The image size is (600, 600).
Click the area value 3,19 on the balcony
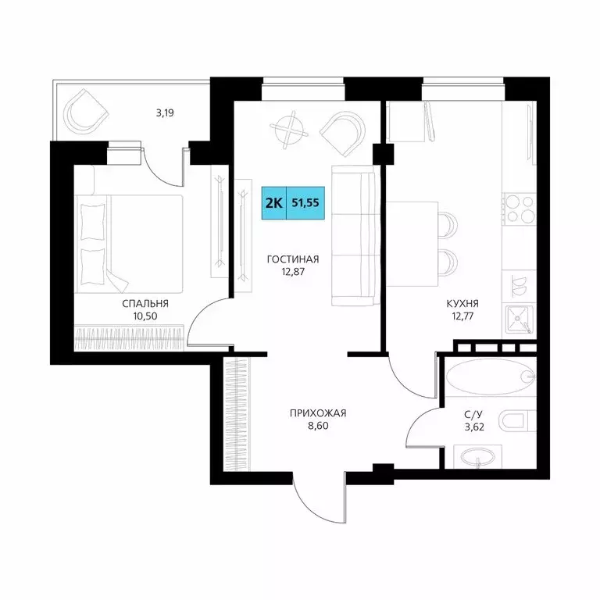pyautogui.click(x=164, y=112)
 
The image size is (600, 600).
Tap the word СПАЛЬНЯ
pyautogui.click(x=145, y=303)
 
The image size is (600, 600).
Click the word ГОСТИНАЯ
pyautogui.click(x=292, y=259)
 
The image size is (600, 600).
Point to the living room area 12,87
pyautogui.click(x=292, y=273)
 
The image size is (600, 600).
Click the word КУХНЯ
pyautogui.click(x=463, y=303)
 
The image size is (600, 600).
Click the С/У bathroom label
pyautogui.click(x=472, y=414)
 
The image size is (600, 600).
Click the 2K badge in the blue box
pyautogui.click(x=273, y=202)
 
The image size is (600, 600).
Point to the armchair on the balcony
pyautogui.click(x=84, y=111)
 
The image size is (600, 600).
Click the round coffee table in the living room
pyautogui.click(x=291, y=130)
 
